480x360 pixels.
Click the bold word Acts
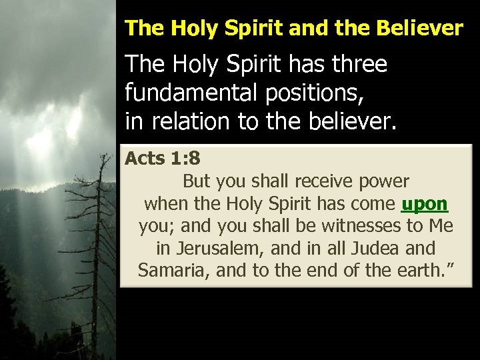pos(145,159)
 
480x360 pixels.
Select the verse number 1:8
pos(185,159)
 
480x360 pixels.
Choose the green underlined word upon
pos(425,204)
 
